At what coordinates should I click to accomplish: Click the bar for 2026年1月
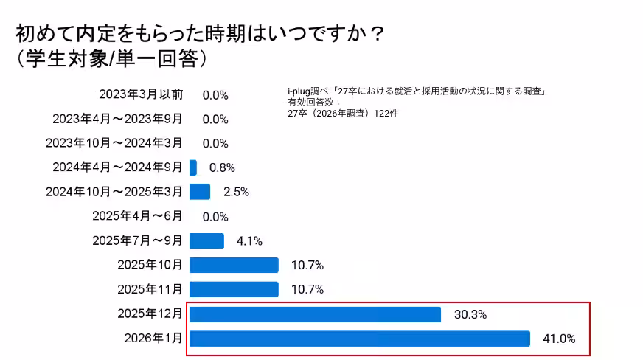point(360,339)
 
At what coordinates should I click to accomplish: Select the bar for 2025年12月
point(315,314)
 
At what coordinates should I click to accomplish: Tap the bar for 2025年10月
point(234,266)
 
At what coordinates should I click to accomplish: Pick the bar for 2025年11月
point(234,289)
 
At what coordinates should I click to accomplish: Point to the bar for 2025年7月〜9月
point(206,241)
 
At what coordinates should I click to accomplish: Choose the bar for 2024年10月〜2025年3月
point(200,192)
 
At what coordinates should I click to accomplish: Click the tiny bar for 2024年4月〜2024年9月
point(193,167)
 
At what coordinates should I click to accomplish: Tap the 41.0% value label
point(560,339)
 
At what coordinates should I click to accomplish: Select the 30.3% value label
point(470,314)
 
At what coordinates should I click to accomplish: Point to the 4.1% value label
point(249,241)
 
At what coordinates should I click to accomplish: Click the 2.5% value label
point(236,192)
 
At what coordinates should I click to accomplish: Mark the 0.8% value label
point(222,167)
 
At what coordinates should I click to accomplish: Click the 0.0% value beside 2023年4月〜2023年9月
point(215,119)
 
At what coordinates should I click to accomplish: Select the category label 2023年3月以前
point(141,94)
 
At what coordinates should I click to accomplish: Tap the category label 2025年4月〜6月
point(136,216)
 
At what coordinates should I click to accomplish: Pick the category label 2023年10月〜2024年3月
point(114,143)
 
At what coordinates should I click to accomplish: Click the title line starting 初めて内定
point(199,35)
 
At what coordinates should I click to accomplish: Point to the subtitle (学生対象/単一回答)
point(111,59)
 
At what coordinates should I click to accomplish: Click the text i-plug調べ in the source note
point(307,91)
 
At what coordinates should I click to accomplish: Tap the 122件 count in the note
point(386,114)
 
